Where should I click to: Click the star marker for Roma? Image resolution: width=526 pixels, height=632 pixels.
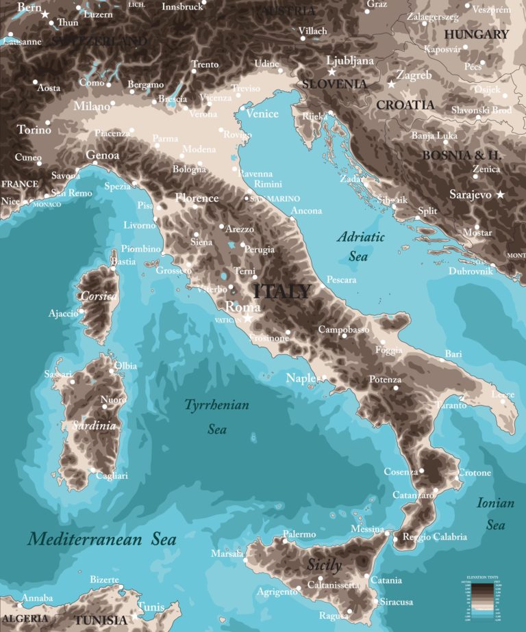tap(247, 318)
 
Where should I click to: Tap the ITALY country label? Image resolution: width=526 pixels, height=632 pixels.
tap(282, 291)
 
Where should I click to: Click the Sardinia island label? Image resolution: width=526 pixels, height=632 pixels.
tap(94, 425)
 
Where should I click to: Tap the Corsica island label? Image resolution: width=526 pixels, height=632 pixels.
tap(98, 297)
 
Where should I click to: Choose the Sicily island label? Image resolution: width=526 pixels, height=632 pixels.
tap(323, 566)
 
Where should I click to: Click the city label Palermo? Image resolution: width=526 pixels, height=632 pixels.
tap(299, 534)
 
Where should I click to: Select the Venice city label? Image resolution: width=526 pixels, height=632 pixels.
tap(262, 114)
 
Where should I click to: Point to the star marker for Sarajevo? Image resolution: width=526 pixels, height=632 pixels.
tap(500, 195)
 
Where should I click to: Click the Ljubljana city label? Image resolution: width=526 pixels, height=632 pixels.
tap(350, 61)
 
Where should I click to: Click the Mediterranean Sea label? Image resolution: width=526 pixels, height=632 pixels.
tap(102, 539)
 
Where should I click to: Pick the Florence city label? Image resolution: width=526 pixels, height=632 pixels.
tap(197, 198)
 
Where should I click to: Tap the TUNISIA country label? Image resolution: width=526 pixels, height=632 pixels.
tap(101, 620)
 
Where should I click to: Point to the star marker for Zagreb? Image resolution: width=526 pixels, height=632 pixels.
tap(392, 84)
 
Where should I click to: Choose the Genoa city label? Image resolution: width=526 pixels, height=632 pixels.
tap(103, 155)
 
